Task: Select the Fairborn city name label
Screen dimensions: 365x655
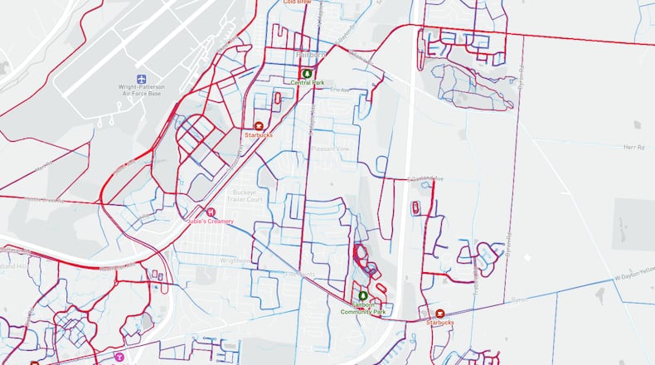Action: coord(311,56)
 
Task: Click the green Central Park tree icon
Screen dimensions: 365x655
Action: coord(308,73)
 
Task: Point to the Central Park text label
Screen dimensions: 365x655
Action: coord(308,83)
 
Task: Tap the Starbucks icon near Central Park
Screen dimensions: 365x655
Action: coord(257,125)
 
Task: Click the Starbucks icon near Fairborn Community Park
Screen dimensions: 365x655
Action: coord(440,313)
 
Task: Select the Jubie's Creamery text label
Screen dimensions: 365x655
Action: coord(210,221)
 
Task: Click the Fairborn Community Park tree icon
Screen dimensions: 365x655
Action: coord(362,296)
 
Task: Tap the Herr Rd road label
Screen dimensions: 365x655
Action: coord(633,147)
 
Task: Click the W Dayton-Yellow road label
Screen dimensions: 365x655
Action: coord(633,270)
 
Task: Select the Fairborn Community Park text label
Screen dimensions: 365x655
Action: coord(362,309)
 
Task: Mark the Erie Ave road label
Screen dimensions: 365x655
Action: coord(341,90)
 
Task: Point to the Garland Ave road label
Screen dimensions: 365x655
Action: coord(421,178)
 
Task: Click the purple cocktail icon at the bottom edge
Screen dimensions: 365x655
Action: coord(119,358)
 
